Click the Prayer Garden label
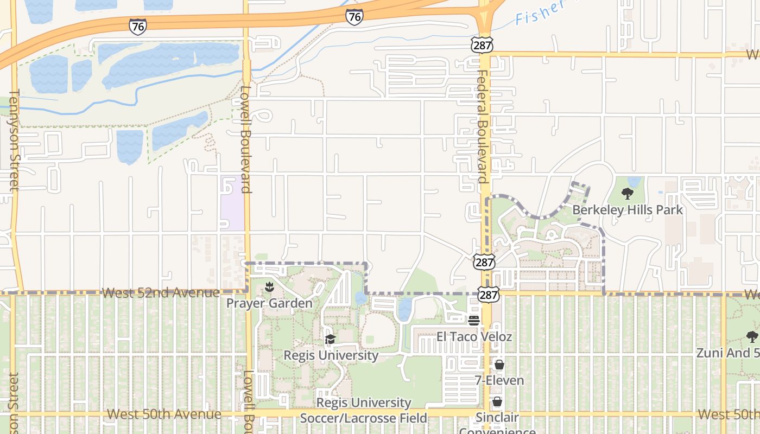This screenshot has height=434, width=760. [269, 303]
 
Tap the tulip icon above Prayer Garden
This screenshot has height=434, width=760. [269, 286]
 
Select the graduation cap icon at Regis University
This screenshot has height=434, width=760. [330, 340]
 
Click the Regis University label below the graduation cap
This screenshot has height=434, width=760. [331, 355]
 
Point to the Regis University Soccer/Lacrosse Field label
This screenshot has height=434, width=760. [363, 410]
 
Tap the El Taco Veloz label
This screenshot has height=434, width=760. [474, 336]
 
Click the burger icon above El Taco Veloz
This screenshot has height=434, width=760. [474, 320]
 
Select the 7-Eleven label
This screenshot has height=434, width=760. [499, 380]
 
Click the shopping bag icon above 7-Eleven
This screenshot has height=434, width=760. [499, 365]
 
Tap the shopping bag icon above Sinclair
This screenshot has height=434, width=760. [497, 402]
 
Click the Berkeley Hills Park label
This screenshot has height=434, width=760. [628, 209]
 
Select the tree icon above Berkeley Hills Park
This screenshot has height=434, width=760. [628, 194]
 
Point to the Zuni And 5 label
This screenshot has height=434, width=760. [728, 353]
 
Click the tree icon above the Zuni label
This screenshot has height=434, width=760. [752, 337]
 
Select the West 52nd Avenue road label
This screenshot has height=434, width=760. [161, 293]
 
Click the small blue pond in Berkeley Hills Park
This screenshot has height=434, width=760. [634, 181]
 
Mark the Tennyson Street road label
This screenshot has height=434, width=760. [13, 140]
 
